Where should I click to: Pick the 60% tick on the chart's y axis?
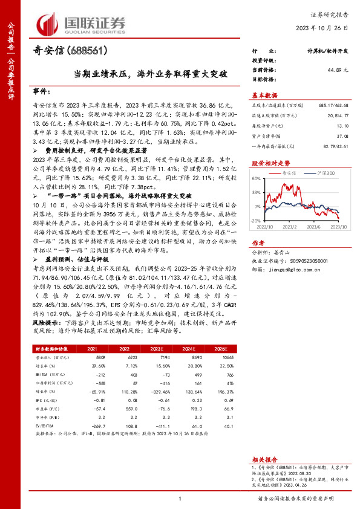256,180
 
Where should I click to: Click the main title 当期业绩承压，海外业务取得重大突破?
151,74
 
